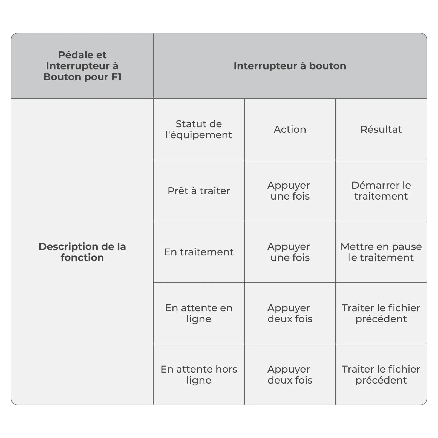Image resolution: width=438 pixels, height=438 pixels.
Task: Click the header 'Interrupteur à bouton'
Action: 290,66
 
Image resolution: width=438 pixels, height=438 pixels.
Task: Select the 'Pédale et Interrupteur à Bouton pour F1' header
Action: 82,66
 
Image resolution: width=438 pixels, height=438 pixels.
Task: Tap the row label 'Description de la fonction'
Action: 82,252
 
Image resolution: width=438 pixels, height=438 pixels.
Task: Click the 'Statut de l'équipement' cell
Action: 199,129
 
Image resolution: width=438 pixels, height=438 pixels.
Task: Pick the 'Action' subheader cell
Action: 290,129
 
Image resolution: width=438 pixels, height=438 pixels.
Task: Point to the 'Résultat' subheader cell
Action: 381,129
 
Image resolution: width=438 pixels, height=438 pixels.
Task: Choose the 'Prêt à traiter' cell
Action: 199,191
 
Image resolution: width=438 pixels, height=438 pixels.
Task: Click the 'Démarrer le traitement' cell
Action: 381,191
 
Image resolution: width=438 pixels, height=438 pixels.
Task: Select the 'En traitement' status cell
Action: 199,252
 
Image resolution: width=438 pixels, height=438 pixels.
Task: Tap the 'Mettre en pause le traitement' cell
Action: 381,252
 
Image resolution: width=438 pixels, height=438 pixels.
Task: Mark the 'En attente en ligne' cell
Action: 199,313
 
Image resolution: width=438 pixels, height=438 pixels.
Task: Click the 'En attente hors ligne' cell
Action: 199,374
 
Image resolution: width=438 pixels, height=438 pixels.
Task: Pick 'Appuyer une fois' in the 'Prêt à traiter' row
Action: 290,191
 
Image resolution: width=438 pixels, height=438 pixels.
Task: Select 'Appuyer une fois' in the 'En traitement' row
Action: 290,252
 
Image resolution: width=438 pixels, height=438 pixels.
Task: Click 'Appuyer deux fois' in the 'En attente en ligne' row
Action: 290,313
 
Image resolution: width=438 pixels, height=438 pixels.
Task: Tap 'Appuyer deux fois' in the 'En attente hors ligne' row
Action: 290,374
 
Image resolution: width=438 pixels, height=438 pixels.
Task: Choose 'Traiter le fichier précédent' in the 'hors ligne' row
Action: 381,374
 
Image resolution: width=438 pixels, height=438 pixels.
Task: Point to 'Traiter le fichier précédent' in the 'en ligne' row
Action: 381,313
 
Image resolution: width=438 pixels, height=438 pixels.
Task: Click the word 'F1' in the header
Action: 116,77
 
